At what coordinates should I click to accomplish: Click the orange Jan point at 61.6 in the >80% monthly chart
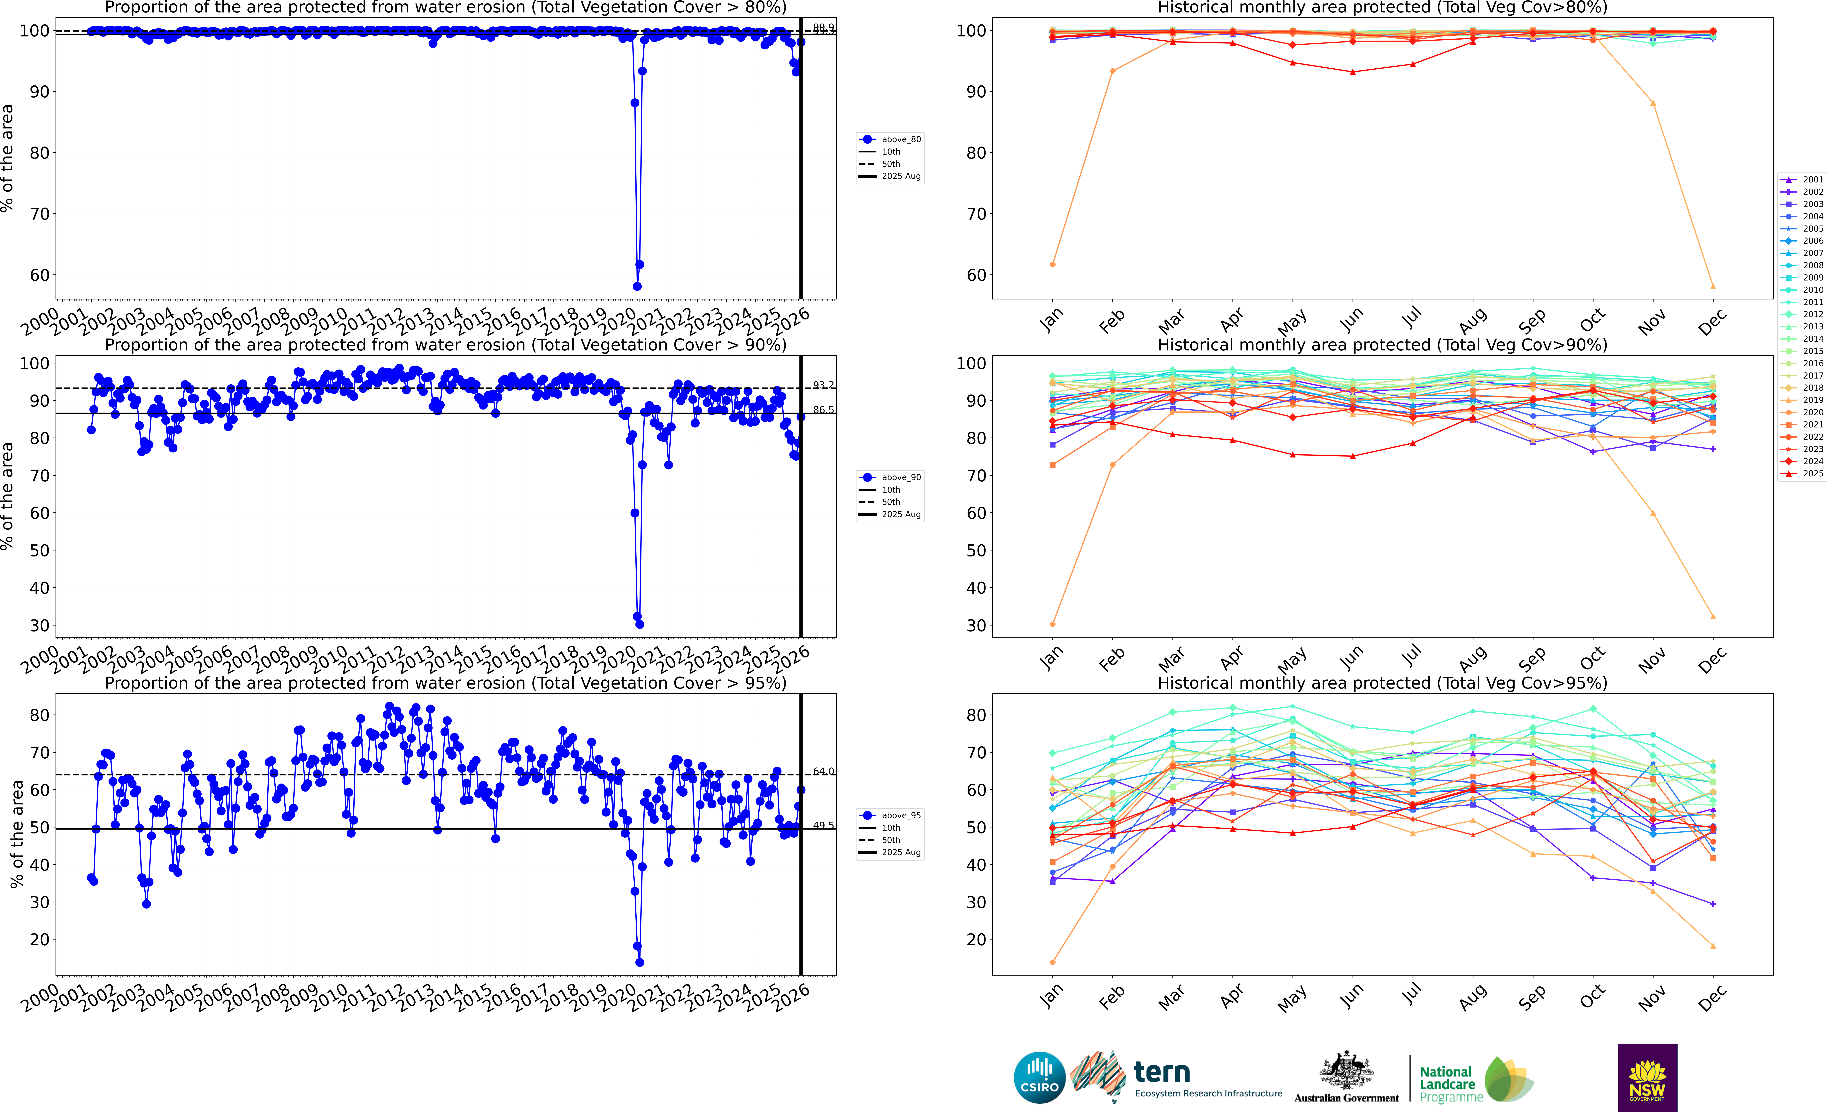tap(1053, 265)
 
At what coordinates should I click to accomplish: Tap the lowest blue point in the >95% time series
tap(639, 962)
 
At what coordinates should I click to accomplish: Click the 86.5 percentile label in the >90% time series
tap(823, 410)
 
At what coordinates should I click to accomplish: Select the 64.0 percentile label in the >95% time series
tap(823, 772)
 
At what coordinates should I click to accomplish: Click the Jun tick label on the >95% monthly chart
tap(1351, 996)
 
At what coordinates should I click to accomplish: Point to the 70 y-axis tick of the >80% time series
tap(39, 214)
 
